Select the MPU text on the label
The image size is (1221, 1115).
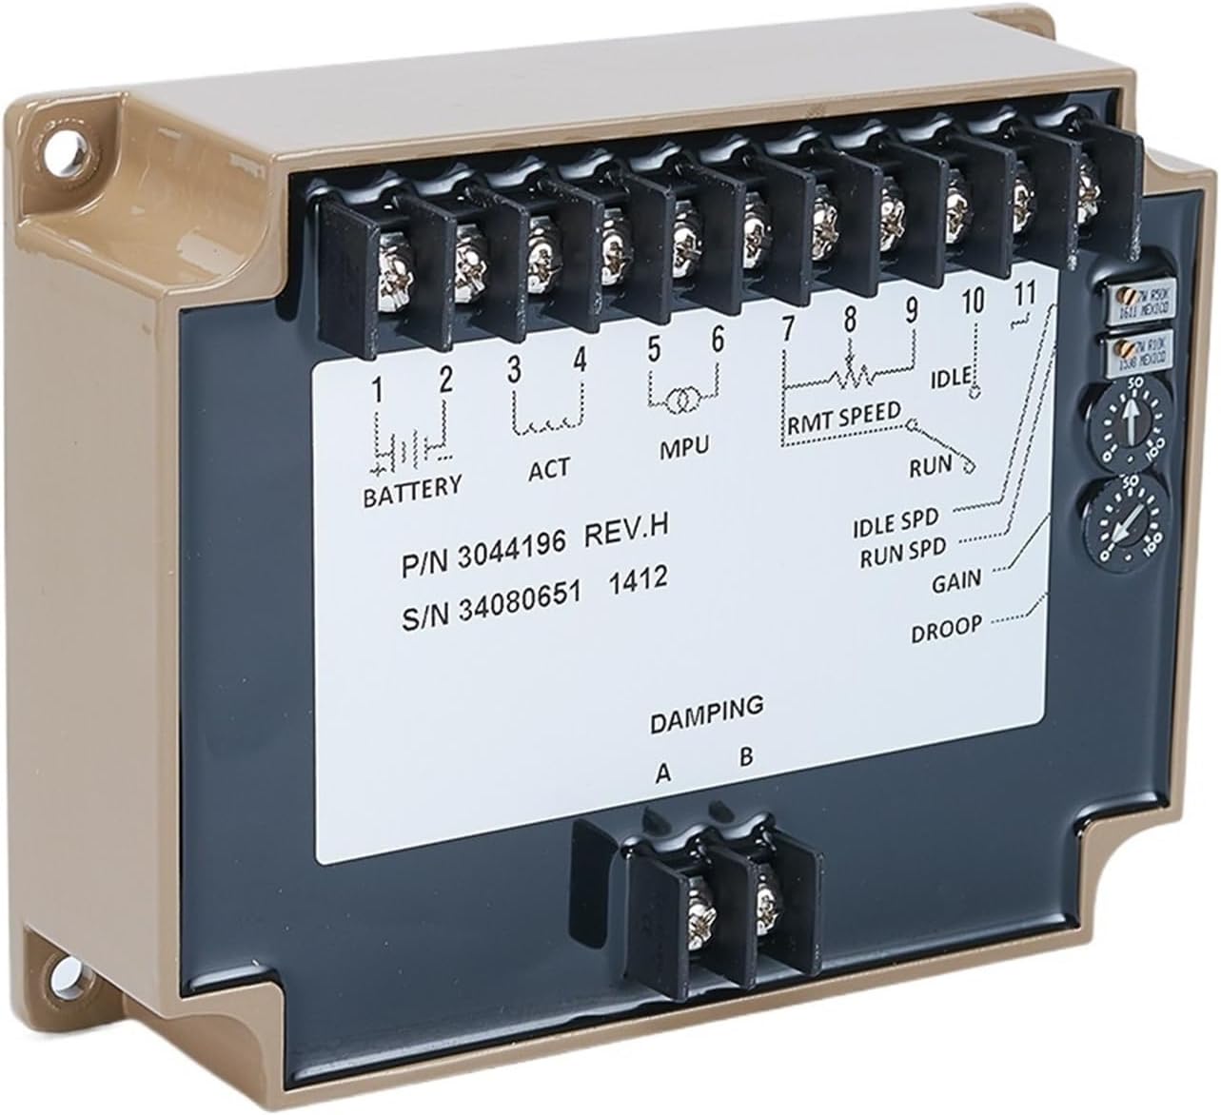point(684,447)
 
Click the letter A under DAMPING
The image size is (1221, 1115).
point(663,773)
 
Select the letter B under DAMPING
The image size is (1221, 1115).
point(747,758)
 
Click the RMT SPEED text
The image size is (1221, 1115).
point(843,416)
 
